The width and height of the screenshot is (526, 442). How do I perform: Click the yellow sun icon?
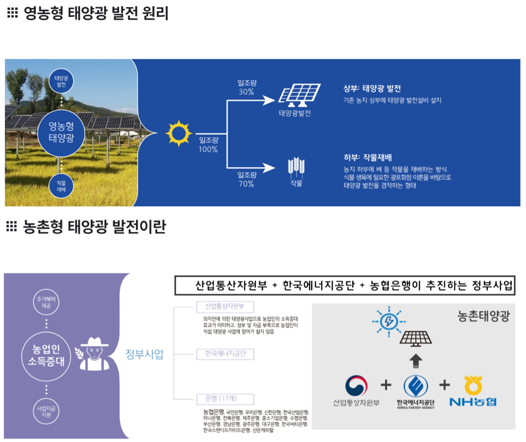(178, 133)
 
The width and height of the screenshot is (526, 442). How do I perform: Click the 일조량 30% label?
(246, 87)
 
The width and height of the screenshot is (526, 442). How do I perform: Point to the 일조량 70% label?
(246, 179)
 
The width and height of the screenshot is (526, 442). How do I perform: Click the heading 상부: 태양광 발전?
(372, 89)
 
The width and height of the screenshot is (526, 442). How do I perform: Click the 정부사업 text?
(145, 355)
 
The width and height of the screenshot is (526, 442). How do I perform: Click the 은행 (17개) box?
(225, 398)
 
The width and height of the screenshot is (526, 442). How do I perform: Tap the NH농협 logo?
(472, 391)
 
